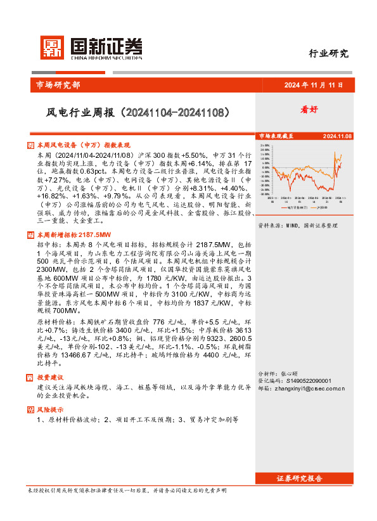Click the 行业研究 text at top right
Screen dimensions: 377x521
click(x=329, y=54)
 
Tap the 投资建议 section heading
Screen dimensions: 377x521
click(x=51, y=377)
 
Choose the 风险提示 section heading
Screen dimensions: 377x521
click(x=51, y=409)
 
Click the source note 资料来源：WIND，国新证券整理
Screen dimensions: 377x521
click(x=295, y=225)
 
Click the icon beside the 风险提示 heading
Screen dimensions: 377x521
click(x=32, y=409)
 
